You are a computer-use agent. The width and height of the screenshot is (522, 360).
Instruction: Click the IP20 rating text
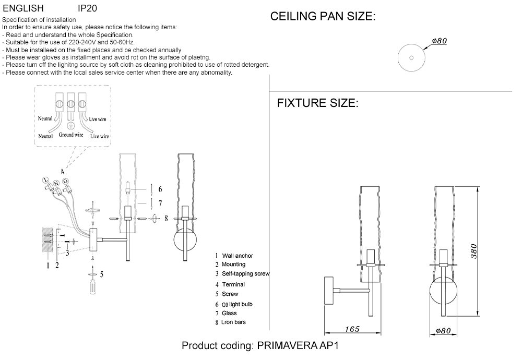87,9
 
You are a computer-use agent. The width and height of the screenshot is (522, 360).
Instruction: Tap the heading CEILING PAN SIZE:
323,17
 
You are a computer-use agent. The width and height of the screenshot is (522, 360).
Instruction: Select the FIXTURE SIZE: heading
317,103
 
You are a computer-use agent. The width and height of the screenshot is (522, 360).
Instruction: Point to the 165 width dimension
352,329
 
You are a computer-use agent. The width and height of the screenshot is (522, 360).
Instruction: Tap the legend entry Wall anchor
237,256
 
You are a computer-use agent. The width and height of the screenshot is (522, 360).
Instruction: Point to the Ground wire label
71,135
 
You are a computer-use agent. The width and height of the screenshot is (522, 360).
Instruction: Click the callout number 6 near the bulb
160,188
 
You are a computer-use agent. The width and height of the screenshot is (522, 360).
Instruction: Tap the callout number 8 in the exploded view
166,219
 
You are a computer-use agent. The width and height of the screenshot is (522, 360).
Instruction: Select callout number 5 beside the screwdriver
101,273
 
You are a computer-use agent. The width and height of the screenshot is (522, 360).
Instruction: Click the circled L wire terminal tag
46,181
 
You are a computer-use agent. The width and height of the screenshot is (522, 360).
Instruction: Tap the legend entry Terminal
233,284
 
